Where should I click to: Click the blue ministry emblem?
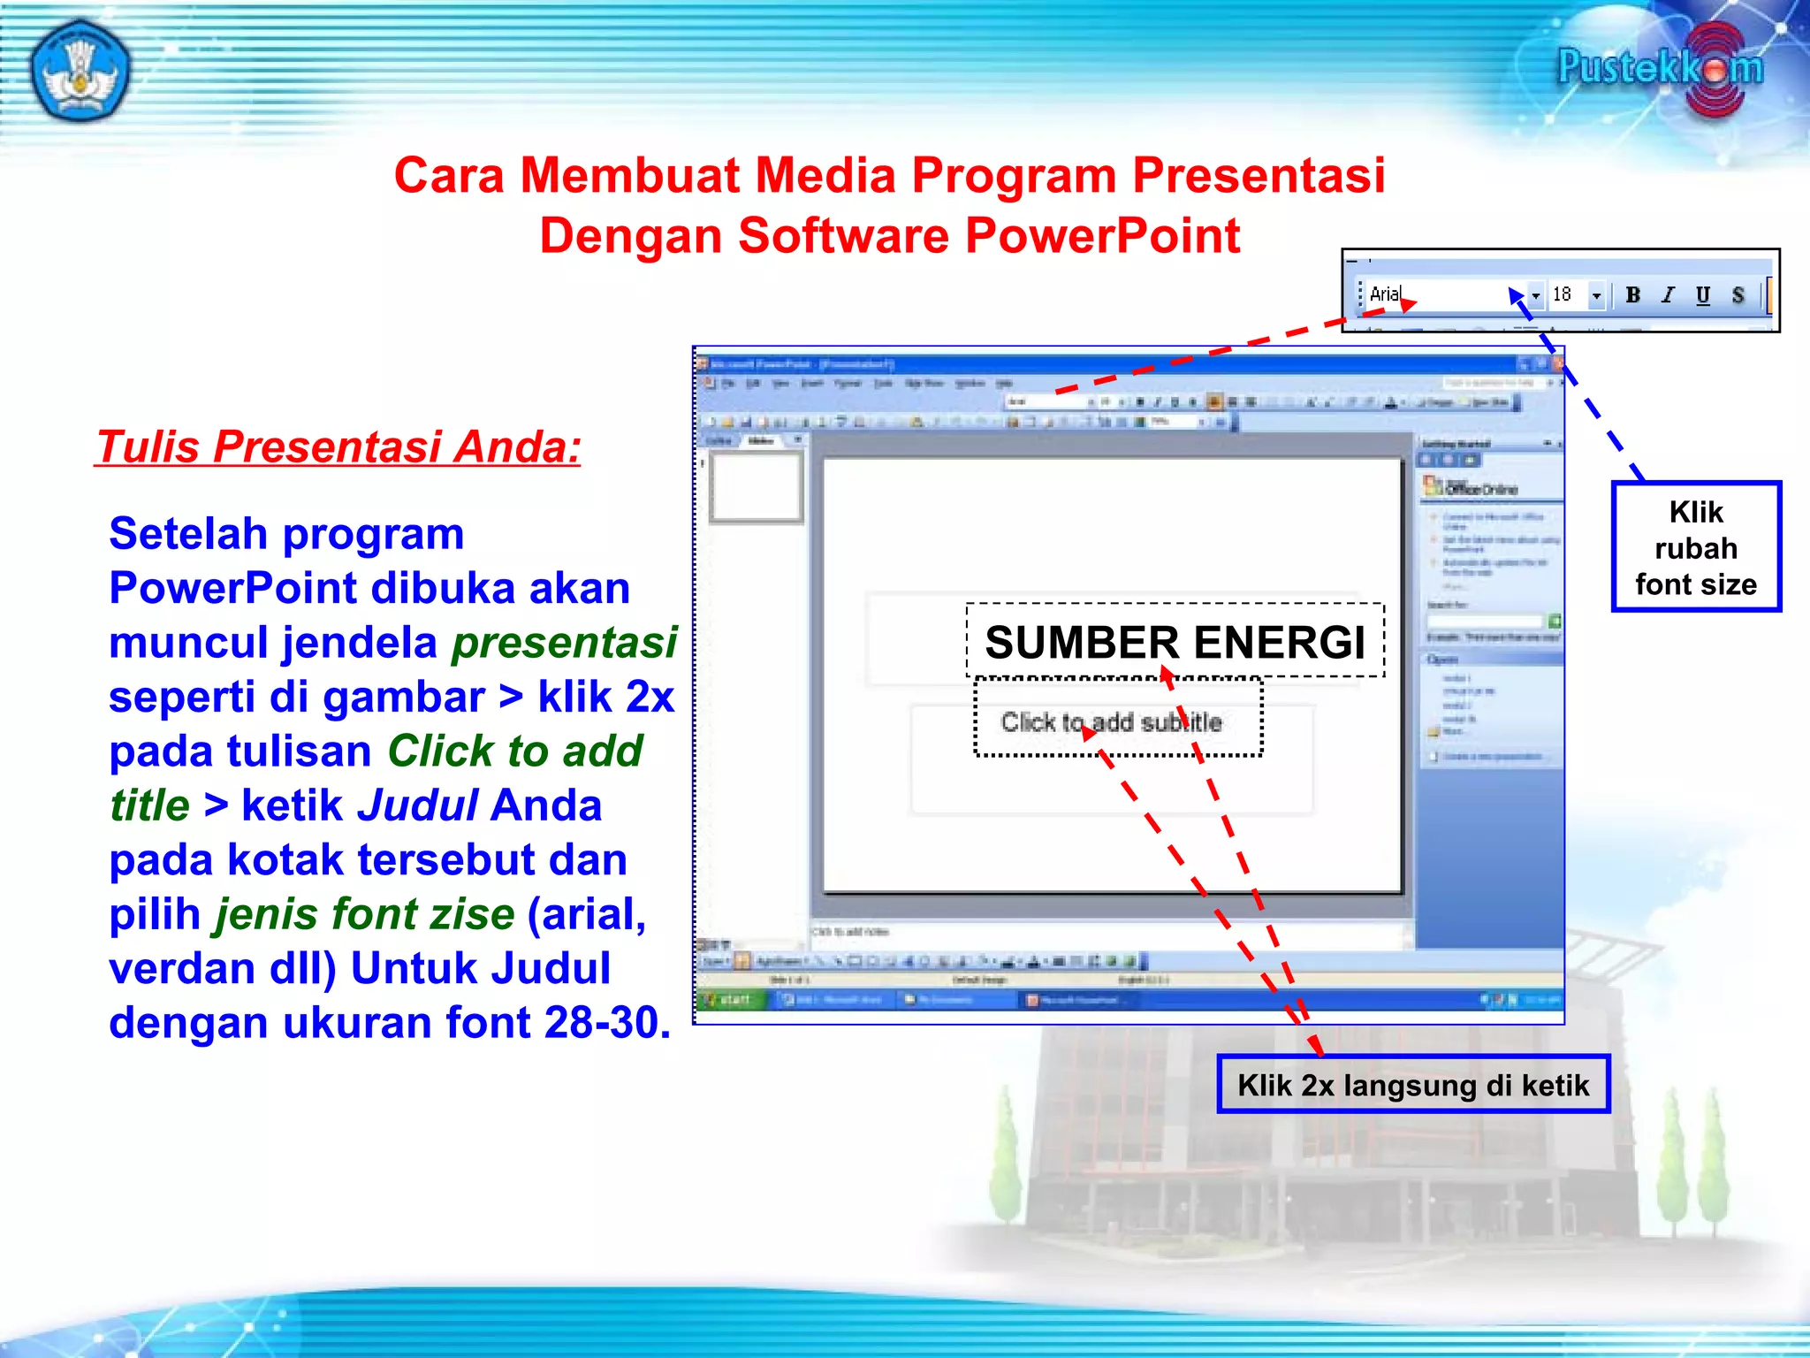[x=80, y=71]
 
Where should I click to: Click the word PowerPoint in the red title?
[x=1103, y=236]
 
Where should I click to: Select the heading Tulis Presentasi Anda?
[x=338, y=446]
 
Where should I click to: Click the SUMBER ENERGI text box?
[x=1175, y=642]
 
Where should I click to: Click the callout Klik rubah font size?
[x=1695, y=548]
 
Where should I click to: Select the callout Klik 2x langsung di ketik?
[x=1412, y=1085]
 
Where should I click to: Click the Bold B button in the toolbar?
[x=1632, y=295]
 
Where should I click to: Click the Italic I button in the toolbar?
[x=1668, y=295]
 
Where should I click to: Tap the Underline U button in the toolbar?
[x=1703, y=295]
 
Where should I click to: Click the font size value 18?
[x=1563, y=294]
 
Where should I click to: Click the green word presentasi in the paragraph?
[x=564, y=643]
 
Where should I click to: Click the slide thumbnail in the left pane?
[x=756, y=487]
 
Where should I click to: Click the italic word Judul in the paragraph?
[x=418, y=805]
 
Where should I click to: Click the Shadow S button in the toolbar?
[x=1738, y=295]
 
